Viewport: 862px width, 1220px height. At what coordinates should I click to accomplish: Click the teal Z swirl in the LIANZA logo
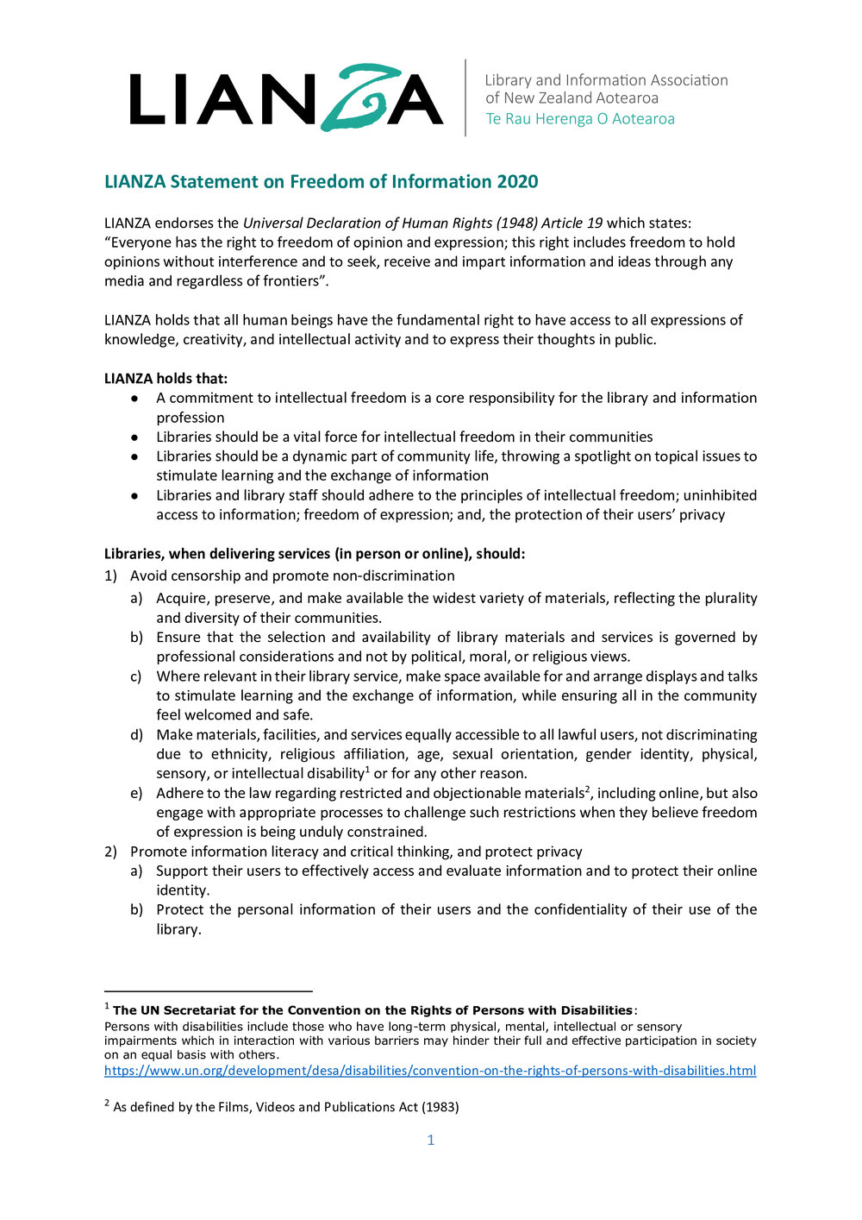[x=354, y=97]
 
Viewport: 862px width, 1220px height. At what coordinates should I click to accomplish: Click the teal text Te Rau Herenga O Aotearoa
[x=580, y=119]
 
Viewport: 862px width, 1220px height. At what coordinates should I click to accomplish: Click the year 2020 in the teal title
[x=517, y=182]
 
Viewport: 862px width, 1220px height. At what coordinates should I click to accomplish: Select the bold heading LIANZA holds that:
[x=166, y=379]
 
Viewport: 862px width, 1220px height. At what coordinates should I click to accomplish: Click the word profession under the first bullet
[x=190, y=418]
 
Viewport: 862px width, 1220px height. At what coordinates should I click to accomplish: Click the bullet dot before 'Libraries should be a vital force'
[x=134, y=437]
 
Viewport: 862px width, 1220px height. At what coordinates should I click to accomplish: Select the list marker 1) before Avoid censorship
[x=110, y=575]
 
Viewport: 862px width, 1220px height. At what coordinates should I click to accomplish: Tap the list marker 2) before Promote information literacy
[x=110, y=852]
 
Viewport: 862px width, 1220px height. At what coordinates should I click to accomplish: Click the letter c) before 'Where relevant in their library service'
[x=136, y=676]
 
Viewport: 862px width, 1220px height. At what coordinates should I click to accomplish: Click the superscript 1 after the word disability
[x=367, y=770]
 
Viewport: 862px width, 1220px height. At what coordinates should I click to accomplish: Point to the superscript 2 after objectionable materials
[x=587, y=789]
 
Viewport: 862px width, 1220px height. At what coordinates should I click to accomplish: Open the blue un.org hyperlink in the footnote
[x=430, y=1071]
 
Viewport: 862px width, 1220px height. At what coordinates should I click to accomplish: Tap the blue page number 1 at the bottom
[x=431, y=1141]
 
